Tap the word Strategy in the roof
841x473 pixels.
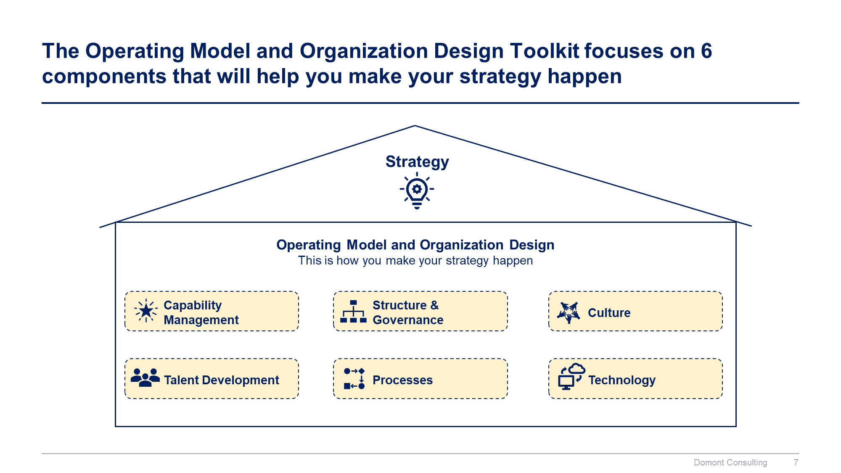tap(417, 162)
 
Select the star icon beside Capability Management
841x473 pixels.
tap(146, 311)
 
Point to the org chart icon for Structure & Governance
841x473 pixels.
tap(353, 312)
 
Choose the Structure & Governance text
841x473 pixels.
tap(407, 312)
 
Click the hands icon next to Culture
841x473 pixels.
tap(569, 312)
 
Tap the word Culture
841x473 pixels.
tap(609, 313)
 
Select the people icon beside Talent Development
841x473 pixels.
tap(145, 378)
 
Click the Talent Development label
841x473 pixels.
tap(221, 380)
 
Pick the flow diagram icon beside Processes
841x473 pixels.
tap(354, 378)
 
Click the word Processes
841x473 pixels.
tap(402, 380)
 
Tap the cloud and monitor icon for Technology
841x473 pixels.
tap(571, 377)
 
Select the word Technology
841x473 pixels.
tap(621, 380)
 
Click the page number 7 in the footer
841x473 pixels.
tap(796, 462)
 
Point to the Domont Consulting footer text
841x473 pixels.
tap(730, 462)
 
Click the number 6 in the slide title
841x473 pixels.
tap(706, 51)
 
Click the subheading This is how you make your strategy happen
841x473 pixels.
tap(415, 261)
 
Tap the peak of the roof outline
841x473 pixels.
tap(415, 126)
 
